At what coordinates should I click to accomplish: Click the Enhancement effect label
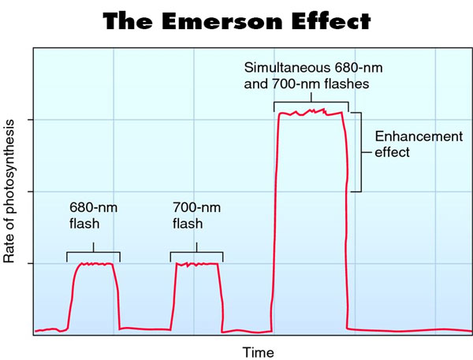click(x=407, y=144)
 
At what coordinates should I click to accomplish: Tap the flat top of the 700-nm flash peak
click(x=196, y=265)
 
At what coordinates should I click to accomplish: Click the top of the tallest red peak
click(x=311, y=113)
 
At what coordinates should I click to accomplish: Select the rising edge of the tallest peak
click(x=275, y=221)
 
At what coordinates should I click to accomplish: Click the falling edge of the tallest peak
click(x=345, y=221)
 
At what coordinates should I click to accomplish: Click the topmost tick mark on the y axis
click(x=30, y=120)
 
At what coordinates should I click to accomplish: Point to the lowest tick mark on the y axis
click(x=30, y=263)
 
